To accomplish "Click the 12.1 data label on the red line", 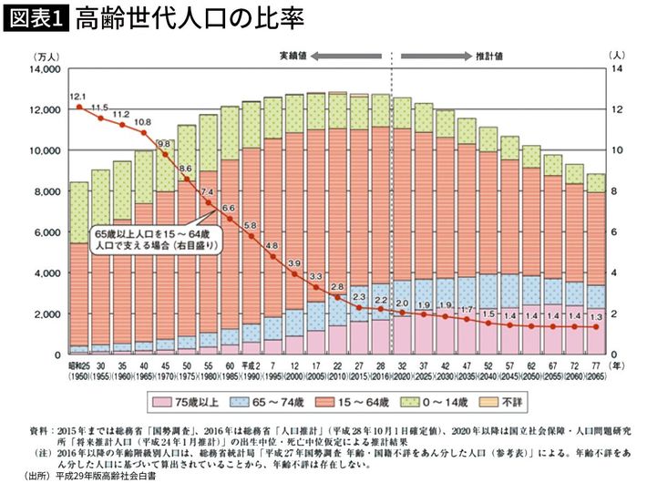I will (x=77, y=96).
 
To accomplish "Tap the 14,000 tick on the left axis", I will (x=44, y=69).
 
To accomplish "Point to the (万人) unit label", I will (x=44, y=57).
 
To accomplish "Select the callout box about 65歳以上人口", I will (x=156, y=239).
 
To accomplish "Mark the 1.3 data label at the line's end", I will (x=594, y=316).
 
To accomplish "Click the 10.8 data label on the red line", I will (x=143, y=121).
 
